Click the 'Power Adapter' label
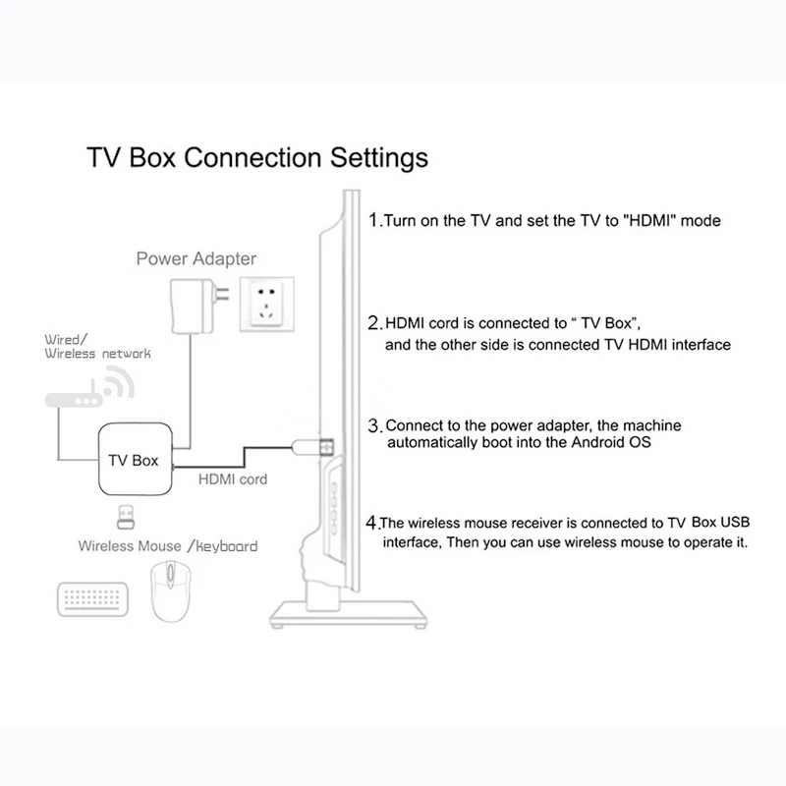click(196, 259)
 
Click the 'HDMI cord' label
click(233, 480)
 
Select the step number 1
click(373, 220)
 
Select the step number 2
click(374, 322)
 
